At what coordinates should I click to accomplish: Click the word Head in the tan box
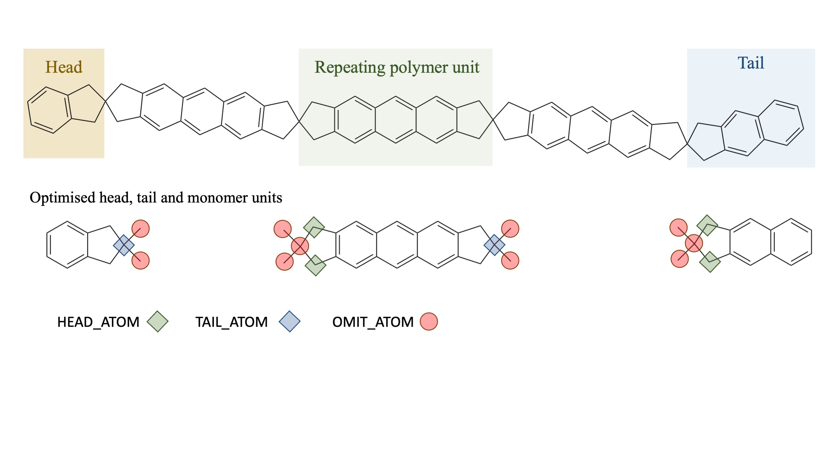64,67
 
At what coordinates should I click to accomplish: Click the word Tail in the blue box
751,63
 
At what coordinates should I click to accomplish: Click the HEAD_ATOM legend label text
98,322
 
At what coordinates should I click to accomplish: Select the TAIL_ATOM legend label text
231,322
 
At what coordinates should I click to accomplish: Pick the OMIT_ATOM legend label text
373,322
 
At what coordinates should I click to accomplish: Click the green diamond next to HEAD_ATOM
157,321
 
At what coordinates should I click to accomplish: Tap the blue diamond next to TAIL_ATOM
290,321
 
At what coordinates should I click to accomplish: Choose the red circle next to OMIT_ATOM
429,321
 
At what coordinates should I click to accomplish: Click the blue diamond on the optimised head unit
124,245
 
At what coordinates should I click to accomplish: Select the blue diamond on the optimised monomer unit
494,245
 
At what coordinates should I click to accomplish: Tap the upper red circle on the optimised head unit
141,229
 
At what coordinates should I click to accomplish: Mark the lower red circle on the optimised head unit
141,260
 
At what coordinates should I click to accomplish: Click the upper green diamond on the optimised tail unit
707,226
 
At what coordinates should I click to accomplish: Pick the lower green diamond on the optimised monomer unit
315,265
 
